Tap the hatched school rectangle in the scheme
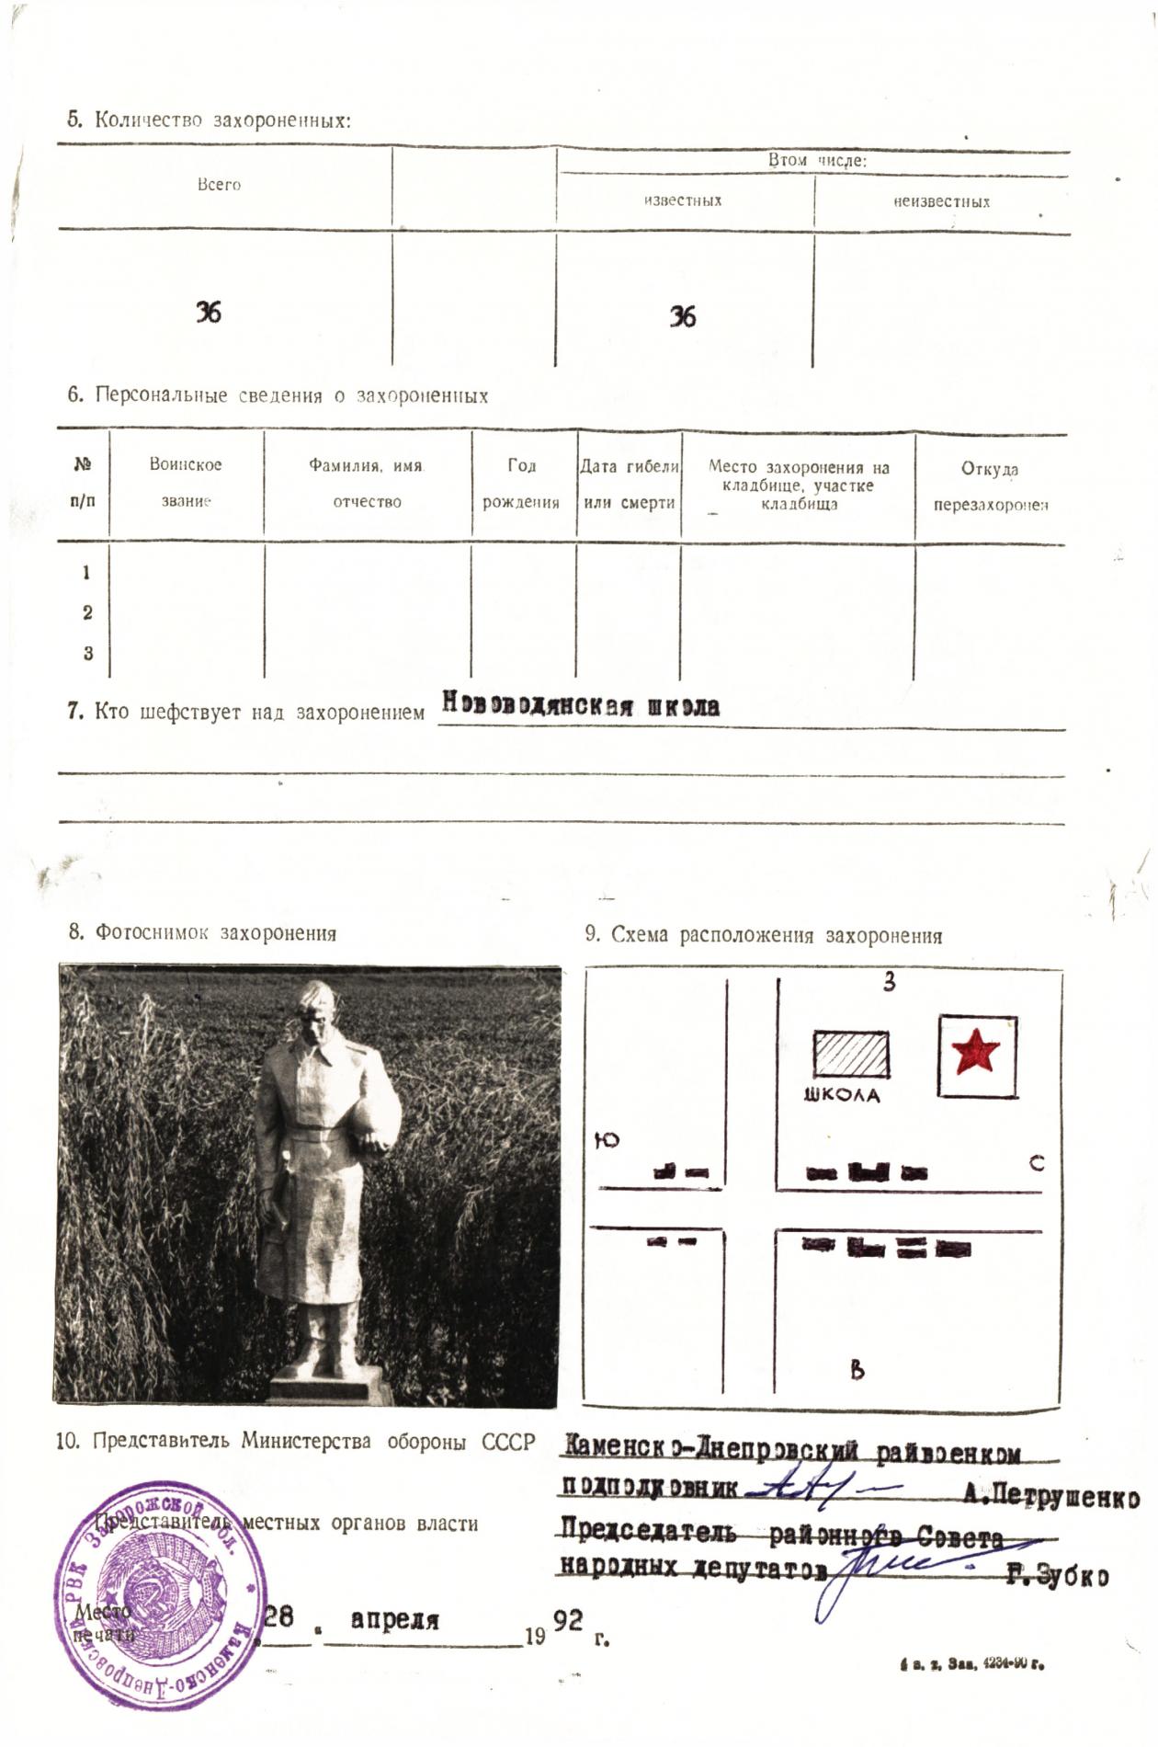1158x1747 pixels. (x=851, y=1054)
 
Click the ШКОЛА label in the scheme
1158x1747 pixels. (x=842, y=1095)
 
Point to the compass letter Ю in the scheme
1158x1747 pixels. (x=607, y=1140)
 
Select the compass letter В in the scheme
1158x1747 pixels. (x=857, y=1371)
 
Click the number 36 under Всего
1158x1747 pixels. (x=209, y=313)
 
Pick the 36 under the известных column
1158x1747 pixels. (x=683, y=317)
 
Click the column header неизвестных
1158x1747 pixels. (x=941, y=201)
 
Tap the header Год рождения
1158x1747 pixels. (x=521, y=484)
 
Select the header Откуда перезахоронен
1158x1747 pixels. (x=990, y=486)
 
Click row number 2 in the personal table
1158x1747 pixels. (x=87, y=613)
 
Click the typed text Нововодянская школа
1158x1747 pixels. (x=581, y=705)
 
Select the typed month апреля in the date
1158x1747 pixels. (x=394, y=1619)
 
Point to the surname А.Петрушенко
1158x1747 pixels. (x=1051, y=1497)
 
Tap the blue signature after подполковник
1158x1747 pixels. (x=818, y=1485)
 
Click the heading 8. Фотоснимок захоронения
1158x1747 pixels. (x=202, y=933)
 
